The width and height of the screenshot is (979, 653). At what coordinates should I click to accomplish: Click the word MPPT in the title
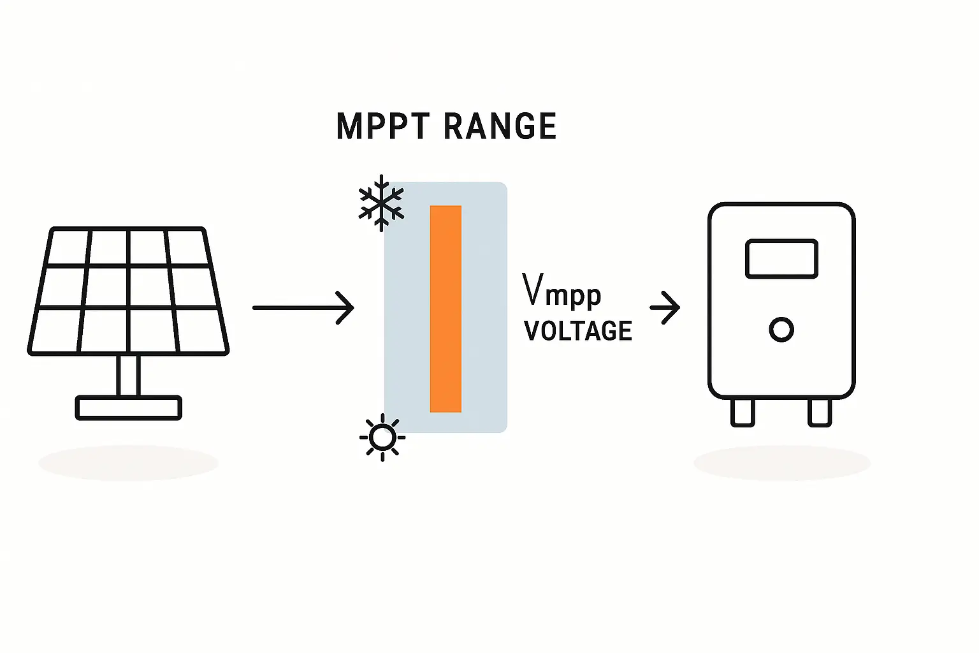[x=382, y=126]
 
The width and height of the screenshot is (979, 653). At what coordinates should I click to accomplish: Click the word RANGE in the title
[x=500, y=126]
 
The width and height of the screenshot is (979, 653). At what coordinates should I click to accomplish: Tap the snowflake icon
[x=381, y=202]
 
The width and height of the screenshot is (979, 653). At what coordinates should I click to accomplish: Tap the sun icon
[x=382, y=437]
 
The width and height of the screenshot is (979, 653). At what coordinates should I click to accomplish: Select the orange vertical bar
[x=446, y=309]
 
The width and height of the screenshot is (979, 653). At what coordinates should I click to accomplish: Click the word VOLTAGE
[x=577, y=331]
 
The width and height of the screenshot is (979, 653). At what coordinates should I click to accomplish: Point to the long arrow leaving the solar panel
[x=300, y=307]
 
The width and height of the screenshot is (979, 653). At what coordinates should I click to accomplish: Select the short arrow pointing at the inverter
[x=665, y=307]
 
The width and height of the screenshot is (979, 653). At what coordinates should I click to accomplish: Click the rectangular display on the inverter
[x=781, y=259]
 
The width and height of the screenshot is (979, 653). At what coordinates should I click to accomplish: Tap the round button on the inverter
[x=781, y=330]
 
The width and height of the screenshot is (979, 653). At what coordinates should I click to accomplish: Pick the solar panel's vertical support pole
[x=129, y=375]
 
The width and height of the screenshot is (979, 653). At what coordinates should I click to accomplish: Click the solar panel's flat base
[x=129, y=407]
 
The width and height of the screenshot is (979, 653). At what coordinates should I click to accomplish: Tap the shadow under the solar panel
[x=129, y=463]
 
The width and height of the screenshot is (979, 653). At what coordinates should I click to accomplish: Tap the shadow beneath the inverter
[x=782, y=463]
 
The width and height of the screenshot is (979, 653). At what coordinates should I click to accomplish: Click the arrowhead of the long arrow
[x=346, y=307]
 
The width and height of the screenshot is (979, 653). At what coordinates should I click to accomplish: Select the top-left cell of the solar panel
[x=69, y=247]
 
